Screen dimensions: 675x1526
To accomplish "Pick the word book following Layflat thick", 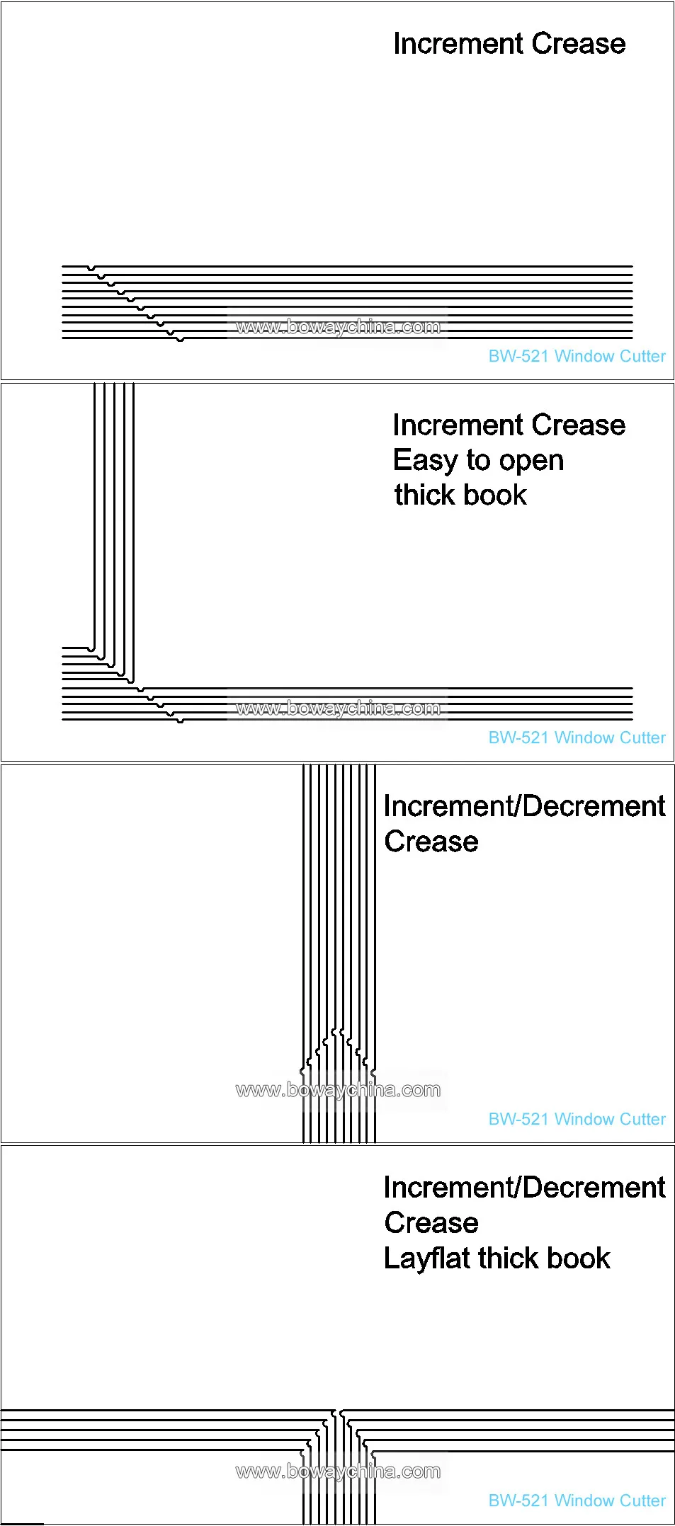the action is pos(578,1258).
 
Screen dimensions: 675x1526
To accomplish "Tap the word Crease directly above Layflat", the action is pos(431,1222).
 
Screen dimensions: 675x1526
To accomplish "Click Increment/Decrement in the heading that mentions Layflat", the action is pos(524,1187).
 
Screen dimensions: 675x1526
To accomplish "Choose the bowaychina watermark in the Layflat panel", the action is pos(338,1471).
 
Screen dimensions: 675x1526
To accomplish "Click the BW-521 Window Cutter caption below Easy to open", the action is pos(577,738).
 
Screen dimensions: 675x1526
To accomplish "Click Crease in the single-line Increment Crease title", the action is pos(579,44).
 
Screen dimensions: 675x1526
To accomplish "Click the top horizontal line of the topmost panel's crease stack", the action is pos(347,266).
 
